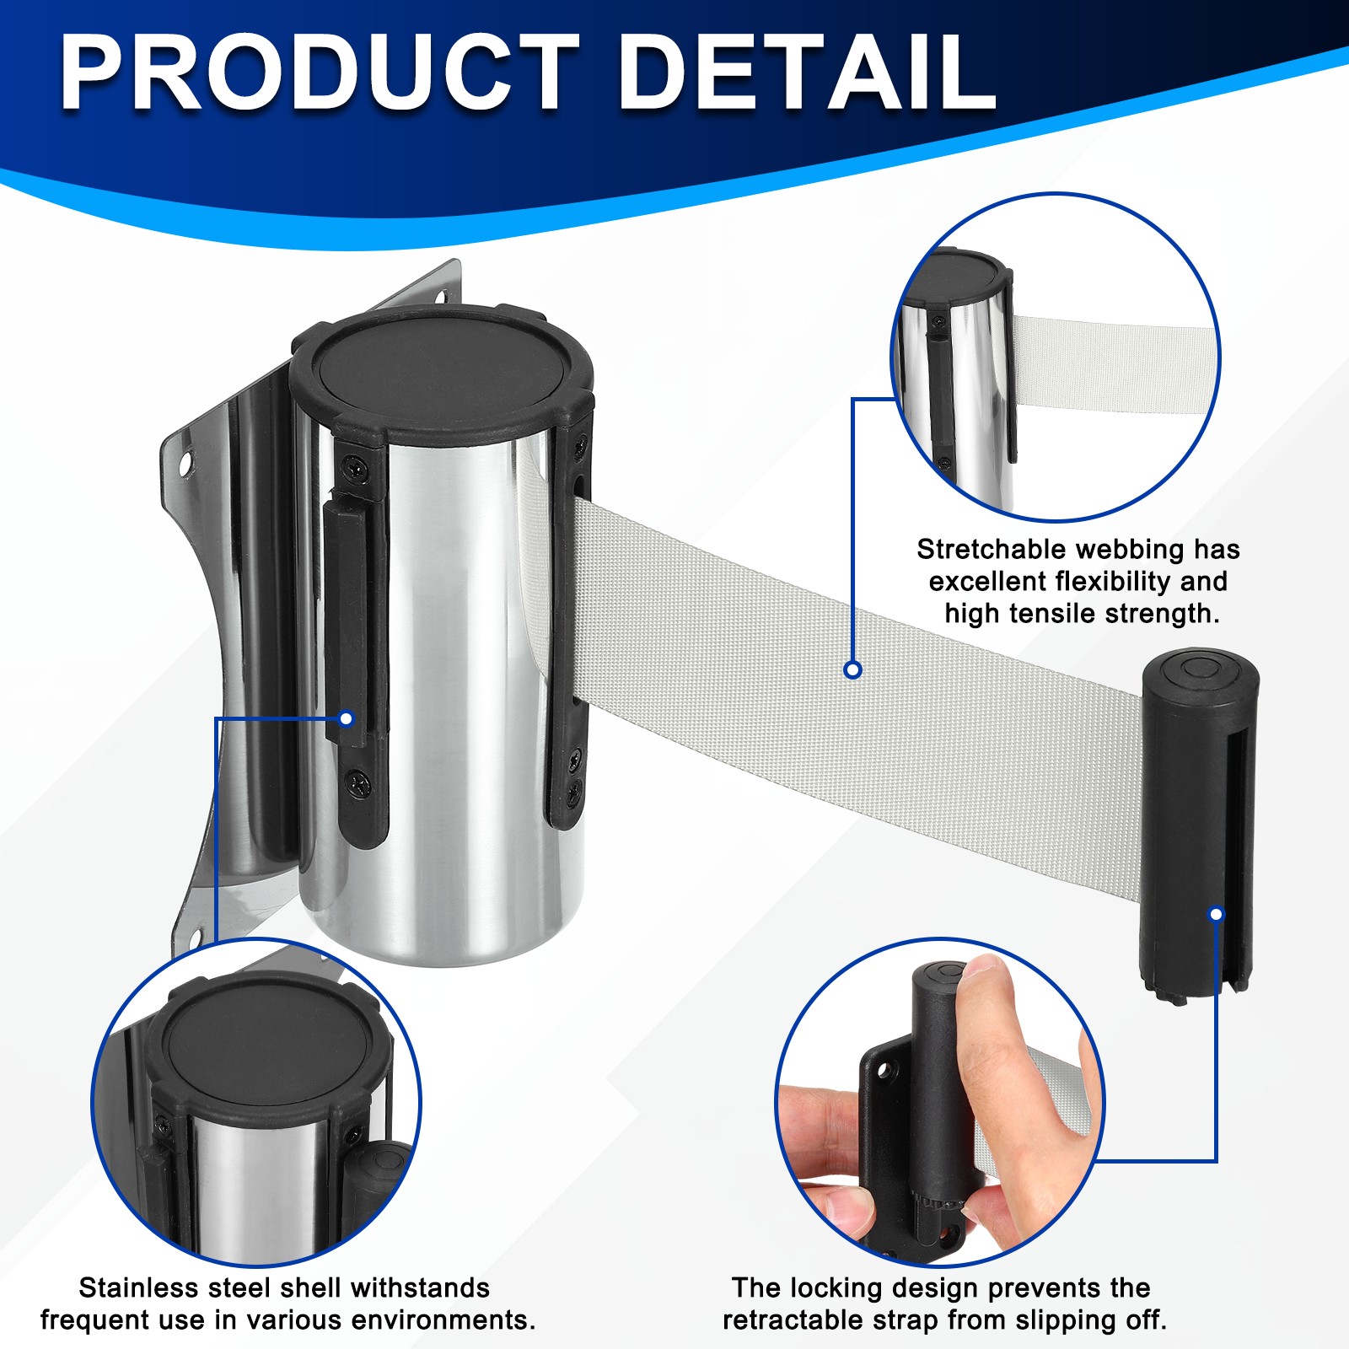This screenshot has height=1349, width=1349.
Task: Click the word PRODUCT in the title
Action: click(x=320, y=73)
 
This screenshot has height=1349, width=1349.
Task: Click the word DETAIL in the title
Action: click(x=807, y=73)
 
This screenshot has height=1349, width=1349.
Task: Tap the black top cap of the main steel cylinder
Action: click(x=441, y=369)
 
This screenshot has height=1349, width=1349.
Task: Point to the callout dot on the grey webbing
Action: click(x=852, y=669)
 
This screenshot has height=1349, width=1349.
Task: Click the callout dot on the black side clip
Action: click(x=345, y=719)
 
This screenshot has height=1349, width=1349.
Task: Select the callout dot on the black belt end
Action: click(x=1216, y=914)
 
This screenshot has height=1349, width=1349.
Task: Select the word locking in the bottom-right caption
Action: click(x=836, y=1289)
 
